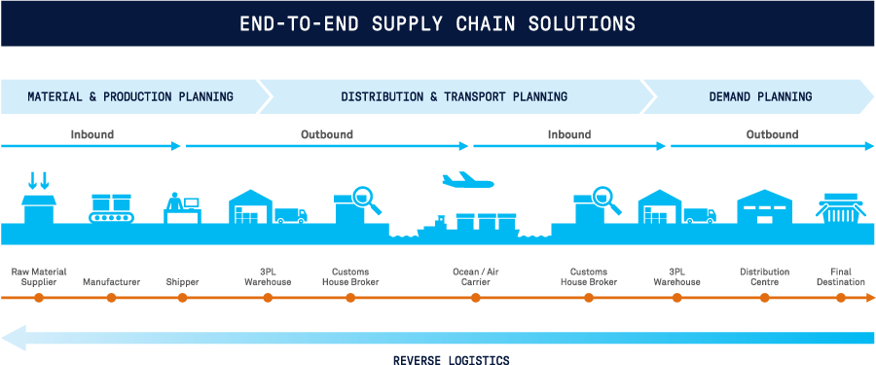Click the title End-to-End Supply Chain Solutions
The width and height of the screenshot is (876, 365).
click(x=437, y=22)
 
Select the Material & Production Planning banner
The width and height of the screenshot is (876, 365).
click(x=130, y=96)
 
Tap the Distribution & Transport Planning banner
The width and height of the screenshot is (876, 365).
click(x=454, y=96)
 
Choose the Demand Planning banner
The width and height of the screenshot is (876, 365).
click(x=759, y=96)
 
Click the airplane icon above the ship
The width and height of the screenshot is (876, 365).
click(x=467, y=180)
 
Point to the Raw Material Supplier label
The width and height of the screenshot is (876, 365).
click(x=39, y=276)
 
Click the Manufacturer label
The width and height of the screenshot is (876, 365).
click(x=111, y=281)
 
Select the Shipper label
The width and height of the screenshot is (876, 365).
click(x=183, y=281)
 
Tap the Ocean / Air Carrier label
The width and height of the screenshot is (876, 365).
click(x=475, y=276)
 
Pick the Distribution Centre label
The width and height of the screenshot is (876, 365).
click(x=764, y=276)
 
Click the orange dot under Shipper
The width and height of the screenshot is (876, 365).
click(x=183, y=298)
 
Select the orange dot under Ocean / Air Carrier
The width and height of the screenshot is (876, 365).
click(x=475, y=298)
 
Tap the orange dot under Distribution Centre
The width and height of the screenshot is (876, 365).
click(x=764, y=298)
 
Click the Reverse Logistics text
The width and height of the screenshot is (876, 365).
click(x=450, y=359)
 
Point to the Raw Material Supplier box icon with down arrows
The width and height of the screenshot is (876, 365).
click(x=39, y=199)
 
